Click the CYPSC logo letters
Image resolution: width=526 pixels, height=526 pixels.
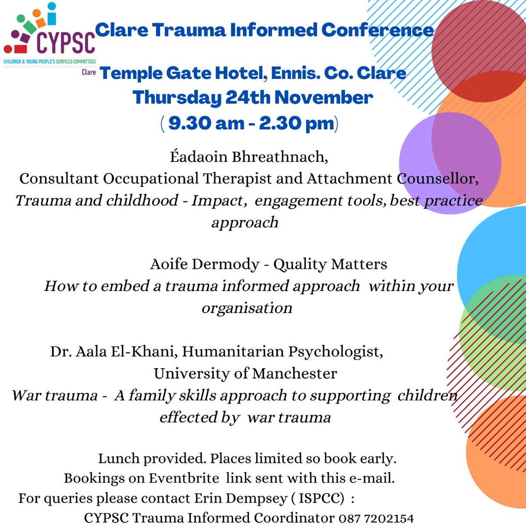click(66, 43)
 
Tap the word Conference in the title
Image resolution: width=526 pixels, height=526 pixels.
click(377, 30)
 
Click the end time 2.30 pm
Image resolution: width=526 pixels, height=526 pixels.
click(296, 123)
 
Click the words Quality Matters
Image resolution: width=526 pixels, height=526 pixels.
click(330, 264)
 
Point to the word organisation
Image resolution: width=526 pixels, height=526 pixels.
click(247, 308)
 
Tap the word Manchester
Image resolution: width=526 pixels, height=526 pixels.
click(295, 373)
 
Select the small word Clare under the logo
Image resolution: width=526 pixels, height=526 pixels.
click(89, 72)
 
